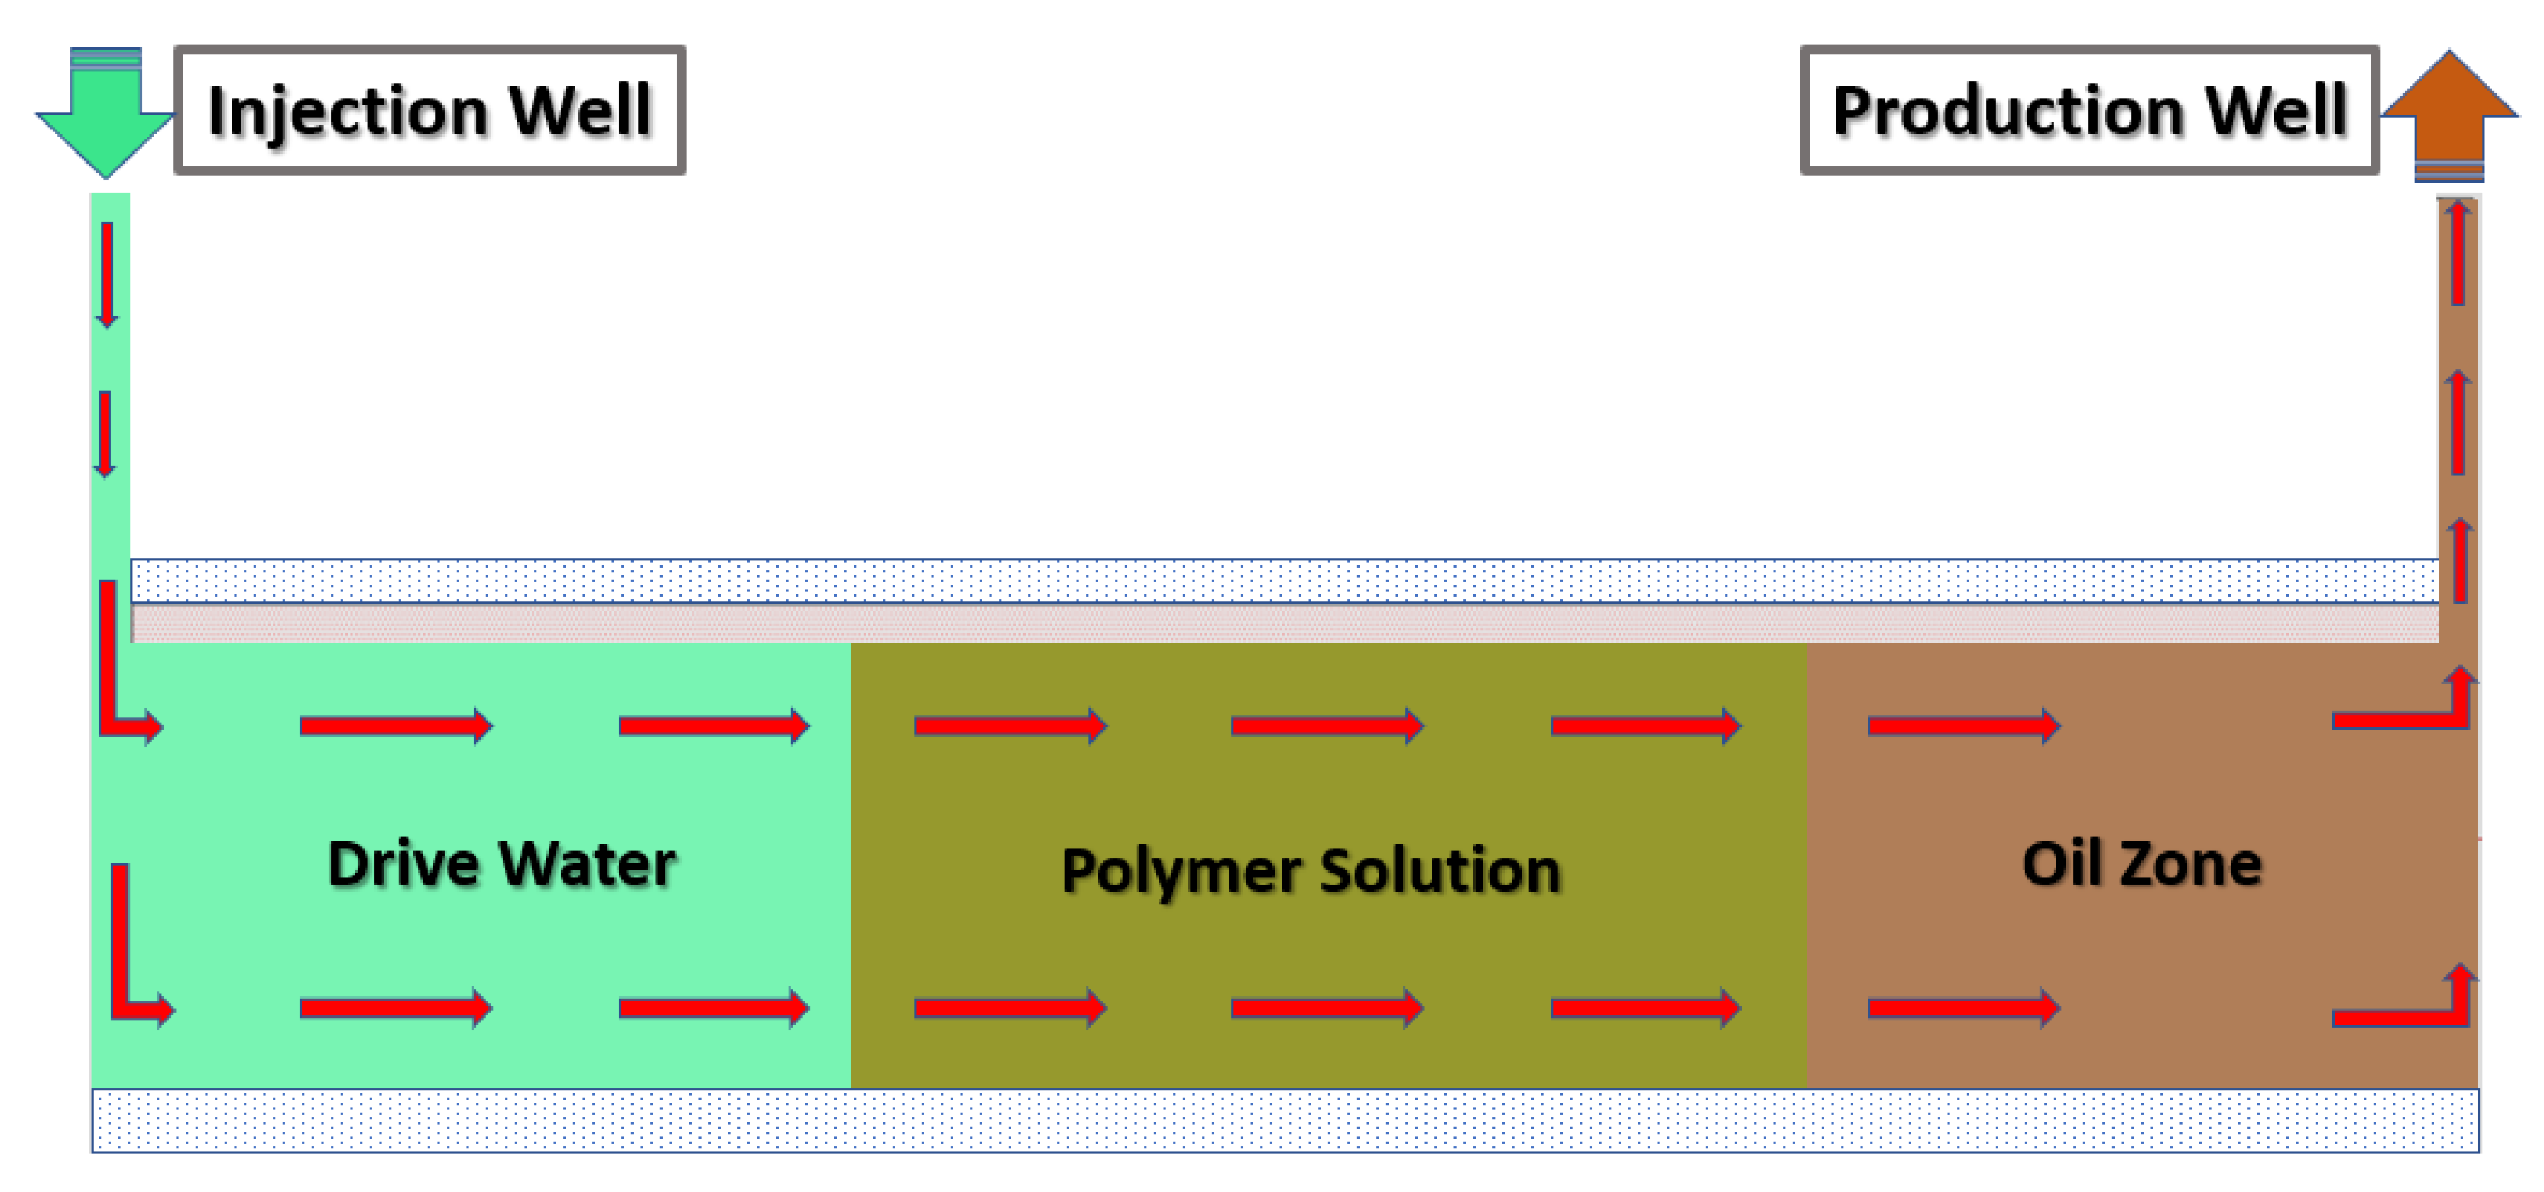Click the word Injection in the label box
coord(345,111)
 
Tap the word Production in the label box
coord(2004,111)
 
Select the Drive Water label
coord(501,864)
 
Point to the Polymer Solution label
coord(1311,871)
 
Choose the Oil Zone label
coord(2141,864)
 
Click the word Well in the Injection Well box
coord(580,111)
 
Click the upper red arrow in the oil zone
coord(1963,726)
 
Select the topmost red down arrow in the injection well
coord(107,274)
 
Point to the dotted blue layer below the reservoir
coord(1284,1120)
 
